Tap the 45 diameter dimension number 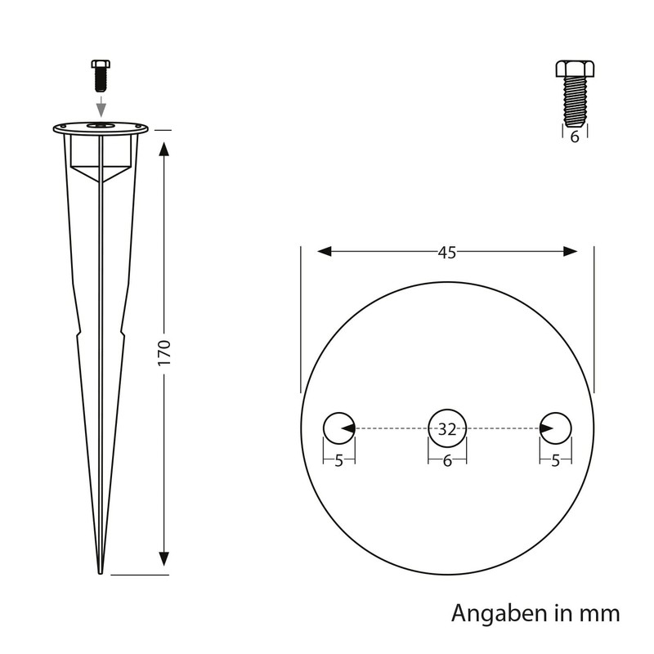tap(446, 253)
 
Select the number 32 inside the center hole tap(446, 428)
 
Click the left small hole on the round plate tap(338, 428)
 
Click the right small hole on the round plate tap(556, 428)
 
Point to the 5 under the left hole tap(338, 461)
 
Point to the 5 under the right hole tap(556, 461)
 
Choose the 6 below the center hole tap(446, 461)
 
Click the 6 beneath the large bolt tap(575, 137)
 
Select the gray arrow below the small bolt tap(99, 106)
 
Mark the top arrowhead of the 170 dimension tap(164, 147)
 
